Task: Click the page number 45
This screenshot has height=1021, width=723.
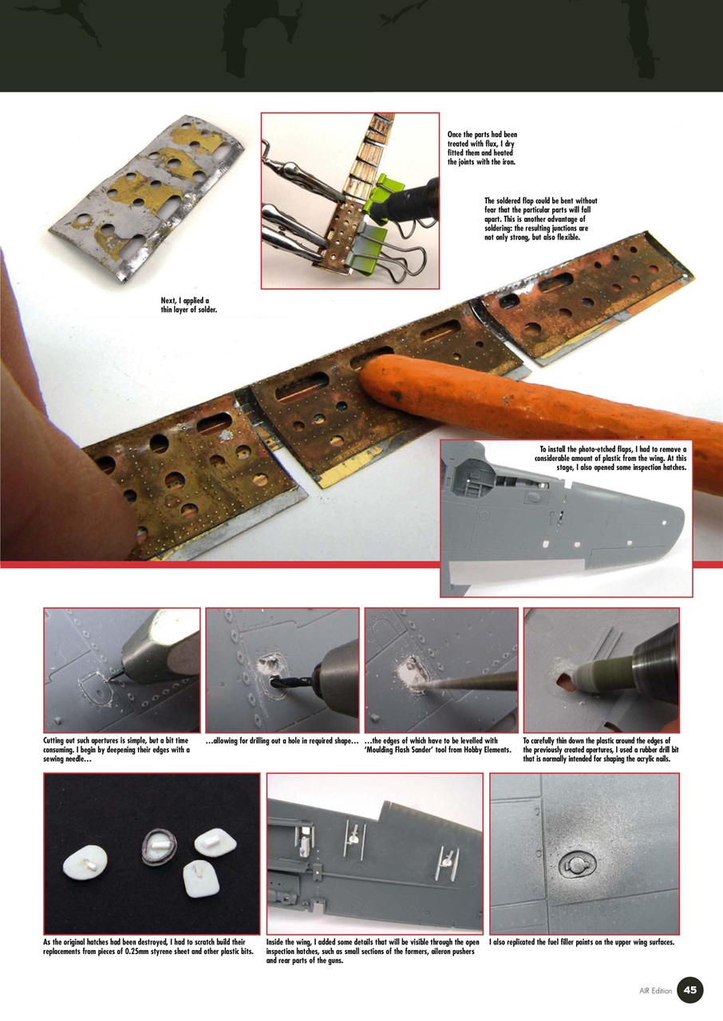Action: (690, 990)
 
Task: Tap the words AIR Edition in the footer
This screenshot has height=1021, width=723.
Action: (655, 991)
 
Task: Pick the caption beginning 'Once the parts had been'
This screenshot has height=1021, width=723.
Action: (482, 148)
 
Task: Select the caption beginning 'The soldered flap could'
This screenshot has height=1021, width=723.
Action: (540, 219)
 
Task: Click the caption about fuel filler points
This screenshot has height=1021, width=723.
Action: (582, 943)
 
